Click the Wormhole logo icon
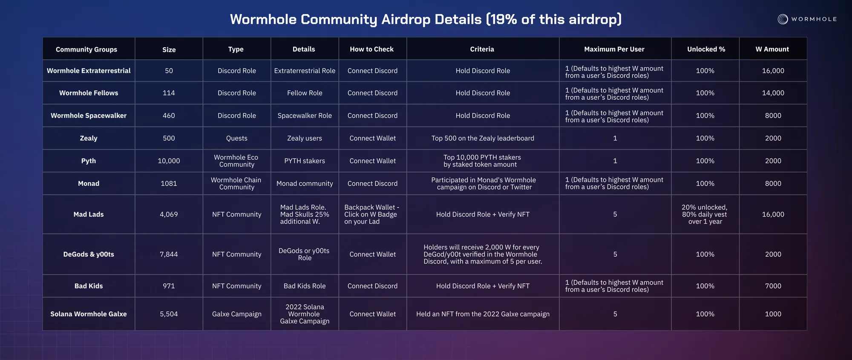click(783, 19)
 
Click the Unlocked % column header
click(706, 49)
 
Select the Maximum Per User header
click(614, 49)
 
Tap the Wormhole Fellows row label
click(89, 93)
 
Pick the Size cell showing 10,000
click(169, 161)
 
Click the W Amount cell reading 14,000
click(773, 93)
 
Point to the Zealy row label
click(89, 138)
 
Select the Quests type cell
click(237, 138)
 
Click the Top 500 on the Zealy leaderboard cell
click(483, 138)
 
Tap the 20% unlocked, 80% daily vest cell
click(705, 214)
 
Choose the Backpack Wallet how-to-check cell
click(372, 214)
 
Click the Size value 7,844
click(169, 254)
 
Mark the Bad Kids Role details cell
click(305, 286)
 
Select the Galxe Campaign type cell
click(237, 314)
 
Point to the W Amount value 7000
click(773, 286)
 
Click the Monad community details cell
click(305, 184)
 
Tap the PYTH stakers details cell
click(305, 161)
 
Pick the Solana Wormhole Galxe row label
click(89, 314)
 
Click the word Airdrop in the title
click(410, 20)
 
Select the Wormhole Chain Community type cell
click(236, 184)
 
